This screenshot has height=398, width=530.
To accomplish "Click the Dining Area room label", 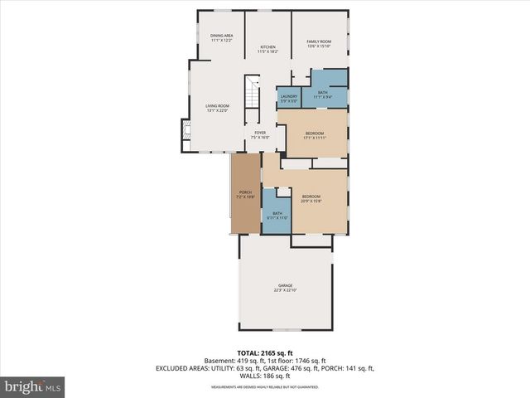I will coord(220,37).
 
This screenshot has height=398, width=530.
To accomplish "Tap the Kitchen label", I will coord(267,49).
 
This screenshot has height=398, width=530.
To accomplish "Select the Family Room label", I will coord(319,43).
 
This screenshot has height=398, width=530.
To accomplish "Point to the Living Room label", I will coord(217,108).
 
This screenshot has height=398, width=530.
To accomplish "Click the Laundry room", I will coord(288,98).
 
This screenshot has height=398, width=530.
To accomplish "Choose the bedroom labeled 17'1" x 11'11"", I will coord(315,135).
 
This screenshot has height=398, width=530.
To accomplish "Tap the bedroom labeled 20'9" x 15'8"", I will coord(311,198).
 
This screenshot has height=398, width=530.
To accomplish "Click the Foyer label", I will coord(260,134).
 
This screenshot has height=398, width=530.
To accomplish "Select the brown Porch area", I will coord(245,194).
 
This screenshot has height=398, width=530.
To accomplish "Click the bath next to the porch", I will coord(276,215).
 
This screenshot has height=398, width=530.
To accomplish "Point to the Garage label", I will coord(285,287).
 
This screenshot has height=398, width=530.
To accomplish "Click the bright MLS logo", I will coord(33,386).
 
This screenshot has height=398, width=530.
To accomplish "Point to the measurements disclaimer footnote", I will coord(265,386).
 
